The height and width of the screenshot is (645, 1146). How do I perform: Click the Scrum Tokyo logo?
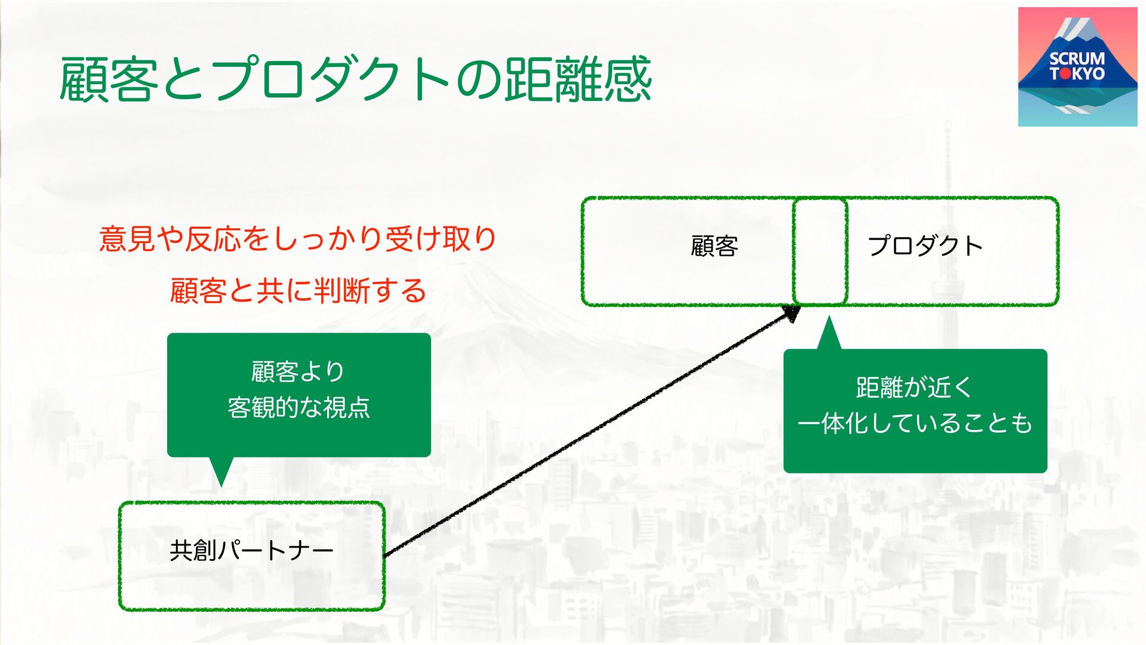pyautogui.click(x=1077, y=67)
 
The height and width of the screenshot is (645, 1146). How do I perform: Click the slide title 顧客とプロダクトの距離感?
pyautogui.click(x=355, y=79)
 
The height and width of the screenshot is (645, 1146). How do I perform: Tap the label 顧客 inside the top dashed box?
pyautogui.click(x=714, y=246)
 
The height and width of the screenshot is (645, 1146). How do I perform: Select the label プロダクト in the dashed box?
pyautogui.click(x=925, y=246)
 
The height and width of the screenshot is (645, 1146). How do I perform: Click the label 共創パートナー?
pyautogui.click(x=251, y=551)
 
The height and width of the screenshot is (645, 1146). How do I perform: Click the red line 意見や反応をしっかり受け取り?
pyautogui.click(x=297, y=239)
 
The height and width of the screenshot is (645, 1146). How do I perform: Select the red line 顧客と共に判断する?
pyautogui.click(x=297, y=291)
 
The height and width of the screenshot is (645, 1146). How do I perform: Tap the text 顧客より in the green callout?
pyautogui.click(x=297, y=371)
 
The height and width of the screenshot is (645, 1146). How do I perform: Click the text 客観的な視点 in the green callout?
pyautogui.click(x=298, y=407)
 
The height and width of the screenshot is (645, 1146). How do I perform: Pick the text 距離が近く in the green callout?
pyautogui.click(x=914, y=387)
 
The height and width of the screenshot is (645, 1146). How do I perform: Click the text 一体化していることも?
pyautogui.click(x=914, y=423)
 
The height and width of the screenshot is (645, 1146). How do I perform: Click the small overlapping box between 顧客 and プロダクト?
pyautogui.click(x=820, y=251)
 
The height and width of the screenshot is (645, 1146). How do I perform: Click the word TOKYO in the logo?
pyautogui.click(x=1077, y=74)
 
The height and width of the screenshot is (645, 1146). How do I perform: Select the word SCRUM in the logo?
pyautogui.click(x=1077, y=59)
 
